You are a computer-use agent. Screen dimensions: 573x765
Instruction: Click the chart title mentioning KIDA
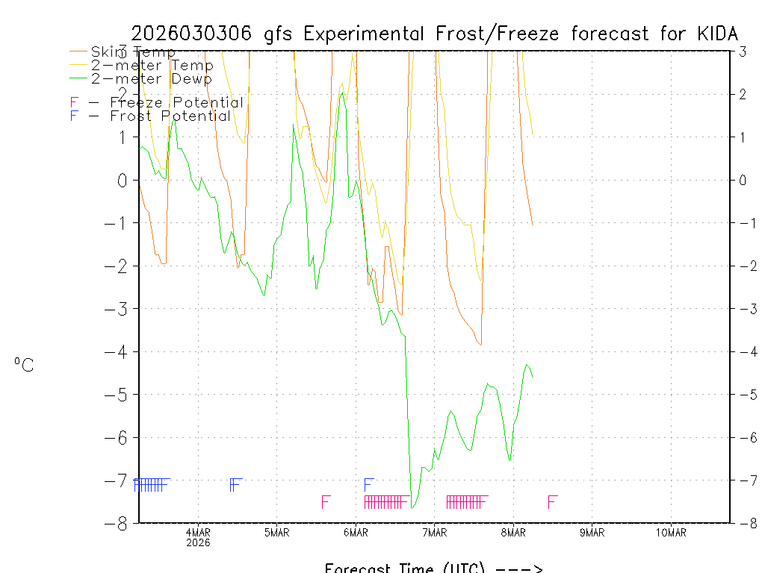[435, 34]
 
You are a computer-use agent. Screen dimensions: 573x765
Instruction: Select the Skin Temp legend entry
[133, 52]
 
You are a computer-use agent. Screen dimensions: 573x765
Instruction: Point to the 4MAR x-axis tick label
[198, 532]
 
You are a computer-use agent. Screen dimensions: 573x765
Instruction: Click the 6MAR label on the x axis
[356, 532]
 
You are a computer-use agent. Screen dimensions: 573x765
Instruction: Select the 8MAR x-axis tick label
[513, 532]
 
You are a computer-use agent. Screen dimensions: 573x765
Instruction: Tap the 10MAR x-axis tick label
[670, 532]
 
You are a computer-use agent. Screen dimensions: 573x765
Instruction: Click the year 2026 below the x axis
[198, 542]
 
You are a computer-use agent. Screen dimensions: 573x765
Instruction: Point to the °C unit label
[24, 366]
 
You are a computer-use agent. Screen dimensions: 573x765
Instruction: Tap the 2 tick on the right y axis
[743, 94]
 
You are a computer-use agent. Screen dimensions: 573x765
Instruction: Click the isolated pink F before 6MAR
[325, 501]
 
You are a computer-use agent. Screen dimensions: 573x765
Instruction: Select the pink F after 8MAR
[552, 501]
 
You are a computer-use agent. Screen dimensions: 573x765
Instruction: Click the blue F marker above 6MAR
[368, 485]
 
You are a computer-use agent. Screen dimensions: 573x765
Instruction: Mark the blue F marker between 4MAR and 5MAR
[235, 485]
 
